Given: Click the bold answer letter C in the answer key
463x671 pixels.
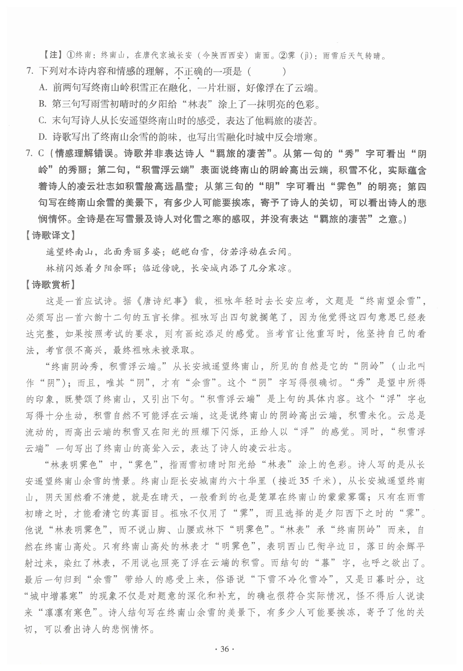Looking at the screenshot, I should pyautogui.click(x=41, y=153).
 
